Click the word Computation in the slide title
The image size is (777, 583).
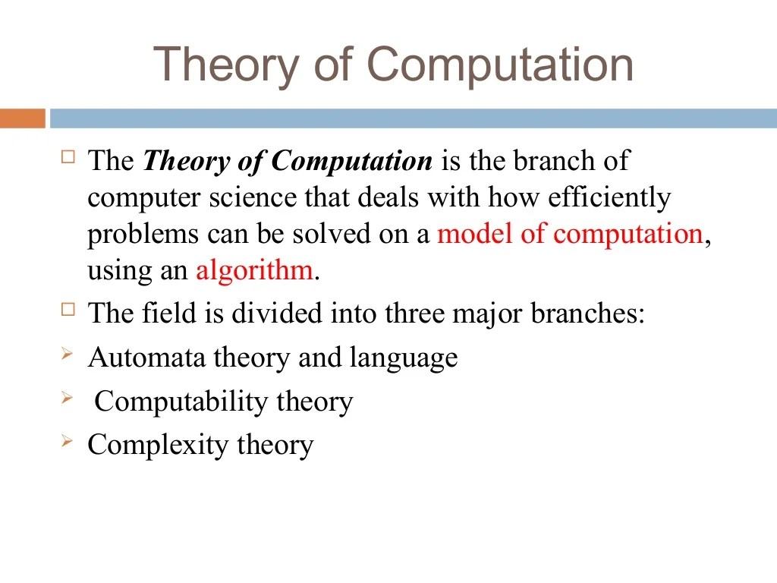(x=500, y=66)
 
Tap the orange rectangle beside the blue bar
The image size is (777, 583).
(x=22, y=118)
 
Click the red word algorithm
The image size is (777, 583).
(x=254, y=270)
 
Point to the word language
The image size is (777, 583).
(x=403, y=358)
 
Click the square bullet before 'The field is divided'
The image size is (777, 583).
(x=69, y=310)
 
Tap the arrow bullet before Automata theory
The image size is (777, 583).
(x=68, y=354)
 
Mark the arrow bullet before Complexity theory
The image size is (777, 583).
(x=68, y=441)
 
